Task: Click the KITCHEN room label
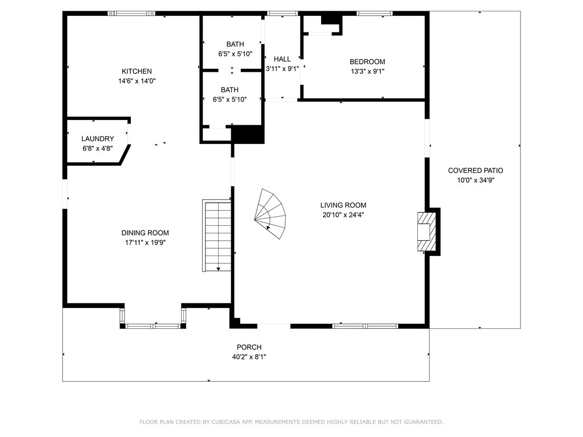coord(137,71)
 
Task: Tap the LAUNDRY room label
coord(98,139)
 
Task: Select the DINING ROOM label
coord(145,233)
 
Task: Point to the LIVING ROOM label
coord(343,205)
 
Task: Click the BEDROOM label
coord(367,61)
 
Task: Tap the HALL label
coord(282,59)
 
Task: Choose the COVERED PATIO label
coord(475,171)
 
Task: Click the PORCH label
coord(249,347)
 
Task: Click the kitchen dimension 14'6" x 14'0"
coord(137,81)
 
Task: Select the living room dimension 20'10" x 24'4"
coord(343,215)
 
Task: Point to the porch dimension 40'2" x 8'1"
coord(249,357)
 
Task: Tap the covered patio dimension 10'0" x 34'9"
coord(475,180)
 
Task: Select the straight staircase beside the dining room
coord(217,236)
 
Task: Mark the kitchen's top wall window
coord(132,14)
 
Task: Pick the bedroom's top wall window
coord(375,14)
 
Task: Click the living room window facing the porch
coord(366,326)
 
